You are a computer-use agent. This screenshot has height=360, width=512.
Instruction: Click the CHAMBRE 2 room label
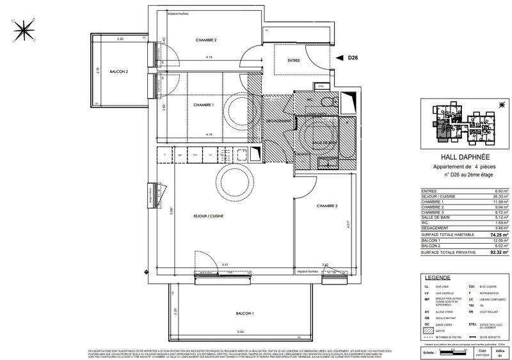click(206, 40)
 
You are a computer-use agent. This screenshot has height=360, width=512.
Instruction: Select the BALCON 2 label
click(119, 72)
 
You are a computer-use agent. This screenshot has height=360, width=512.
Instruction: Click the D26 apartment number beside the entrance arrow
click(353, 58)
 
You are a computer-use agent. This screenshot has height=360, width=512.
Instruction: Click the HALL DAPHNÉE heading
click(465, 155)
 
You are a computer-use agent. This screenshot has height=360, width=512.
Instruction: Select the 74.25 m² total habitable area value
click(499, 235)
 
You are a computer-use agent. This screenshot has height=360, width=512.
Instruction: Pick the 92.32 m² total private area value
click(499, 253)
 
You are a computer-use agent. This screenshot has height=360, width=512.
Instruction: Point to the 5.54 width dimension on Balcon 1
click(240, 332)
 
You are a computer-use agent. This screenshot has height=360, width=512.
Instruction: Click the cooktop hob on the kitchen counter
click(242, 155)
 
